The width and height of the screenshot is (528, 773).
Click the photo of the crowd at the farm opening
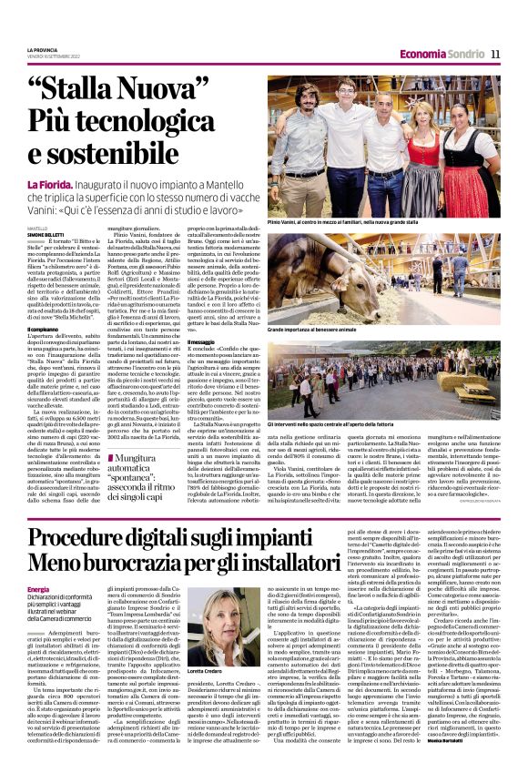click(x=383, y=373)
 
